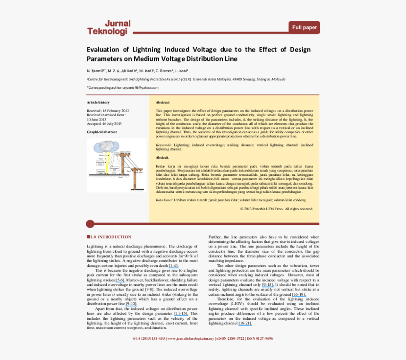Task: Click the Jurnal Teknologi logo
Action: (108, 28)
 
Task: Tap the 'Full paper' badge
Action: (304, 27)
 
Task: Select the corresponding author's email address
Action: (141, 87)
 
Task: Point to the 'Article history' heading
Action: (98, 102)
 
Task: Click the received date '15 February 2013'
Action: (116, 111)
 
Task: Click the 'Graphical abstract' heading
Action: (101, 132)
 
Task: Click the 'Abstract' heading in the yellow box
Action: (162, 102)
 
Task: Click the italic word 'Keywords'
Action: (163, 145)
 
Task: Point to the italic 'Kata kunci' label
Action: (165, 200)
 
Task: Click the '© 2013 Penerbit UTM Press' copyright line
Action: (276, 208)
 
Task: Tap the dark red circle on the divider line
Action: (90, 223)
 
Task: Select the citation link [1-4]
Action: (173, 266)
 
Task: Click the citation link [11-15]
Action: (181, 313)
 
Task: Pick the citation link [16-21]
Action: (245, 323)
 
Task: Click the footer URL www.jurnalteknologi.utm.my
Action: (190, 338)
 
